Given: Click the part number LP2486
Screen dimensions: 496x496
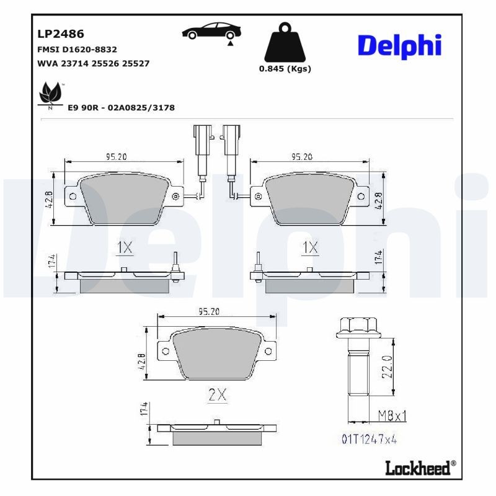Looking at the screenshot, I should tap(61, 34).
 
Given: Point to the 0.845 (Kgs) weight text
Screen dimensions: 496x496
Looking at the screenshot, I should tap(285, 69).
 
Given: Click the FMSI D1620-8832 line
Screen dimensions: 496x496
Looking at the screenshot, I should tap(77, 49).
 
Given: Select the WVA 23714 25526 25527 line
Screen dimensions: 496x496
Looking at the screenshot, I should tap(93, 63).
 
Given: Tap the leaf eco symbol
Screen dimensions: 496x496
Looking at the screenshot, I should tap(49, 94).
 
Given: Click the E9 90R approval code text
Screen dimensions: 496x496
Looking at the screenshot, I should tap(121, 108).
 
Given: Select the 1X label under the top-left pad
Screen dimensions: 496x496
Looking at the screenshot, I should tap(125, 248).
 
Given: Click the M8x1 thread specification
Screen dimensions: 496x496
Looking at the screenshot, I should tap(393, 414).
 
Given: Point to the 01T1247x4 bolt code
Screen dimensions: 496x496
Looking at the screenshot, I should tap(368, 439).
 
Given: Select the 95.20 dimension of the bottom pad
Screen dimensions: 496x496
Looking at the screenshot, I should tap(209, 312).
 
